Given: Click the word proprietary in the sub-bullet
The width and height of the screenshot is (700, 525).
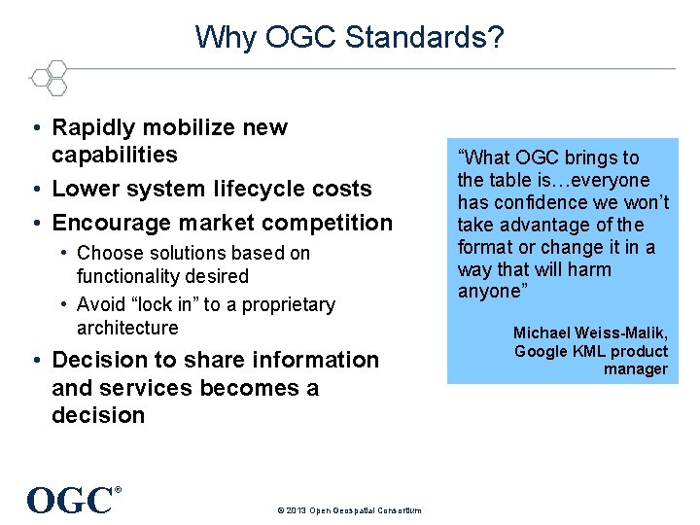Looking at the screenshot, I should click(287, 304).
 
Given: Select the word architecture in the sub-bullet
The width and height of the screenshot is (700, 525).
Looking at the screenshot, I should click(127, 328).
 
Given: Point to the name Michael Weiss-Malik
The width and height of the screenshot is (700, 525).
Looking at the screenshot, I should click(590, 332).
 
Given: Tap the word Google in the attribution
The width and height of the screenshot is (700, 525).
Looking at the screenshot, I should click(542, 351).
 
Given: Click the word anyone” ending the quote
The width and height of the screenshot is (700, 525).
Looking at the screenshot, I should click(490, 292).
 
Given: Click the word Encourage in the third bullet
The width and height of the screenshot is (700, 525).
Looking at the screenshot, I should click(106, 223).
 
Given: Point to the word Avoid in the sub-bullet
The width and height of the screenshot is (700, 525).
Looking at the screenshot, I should click(99, 304).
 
